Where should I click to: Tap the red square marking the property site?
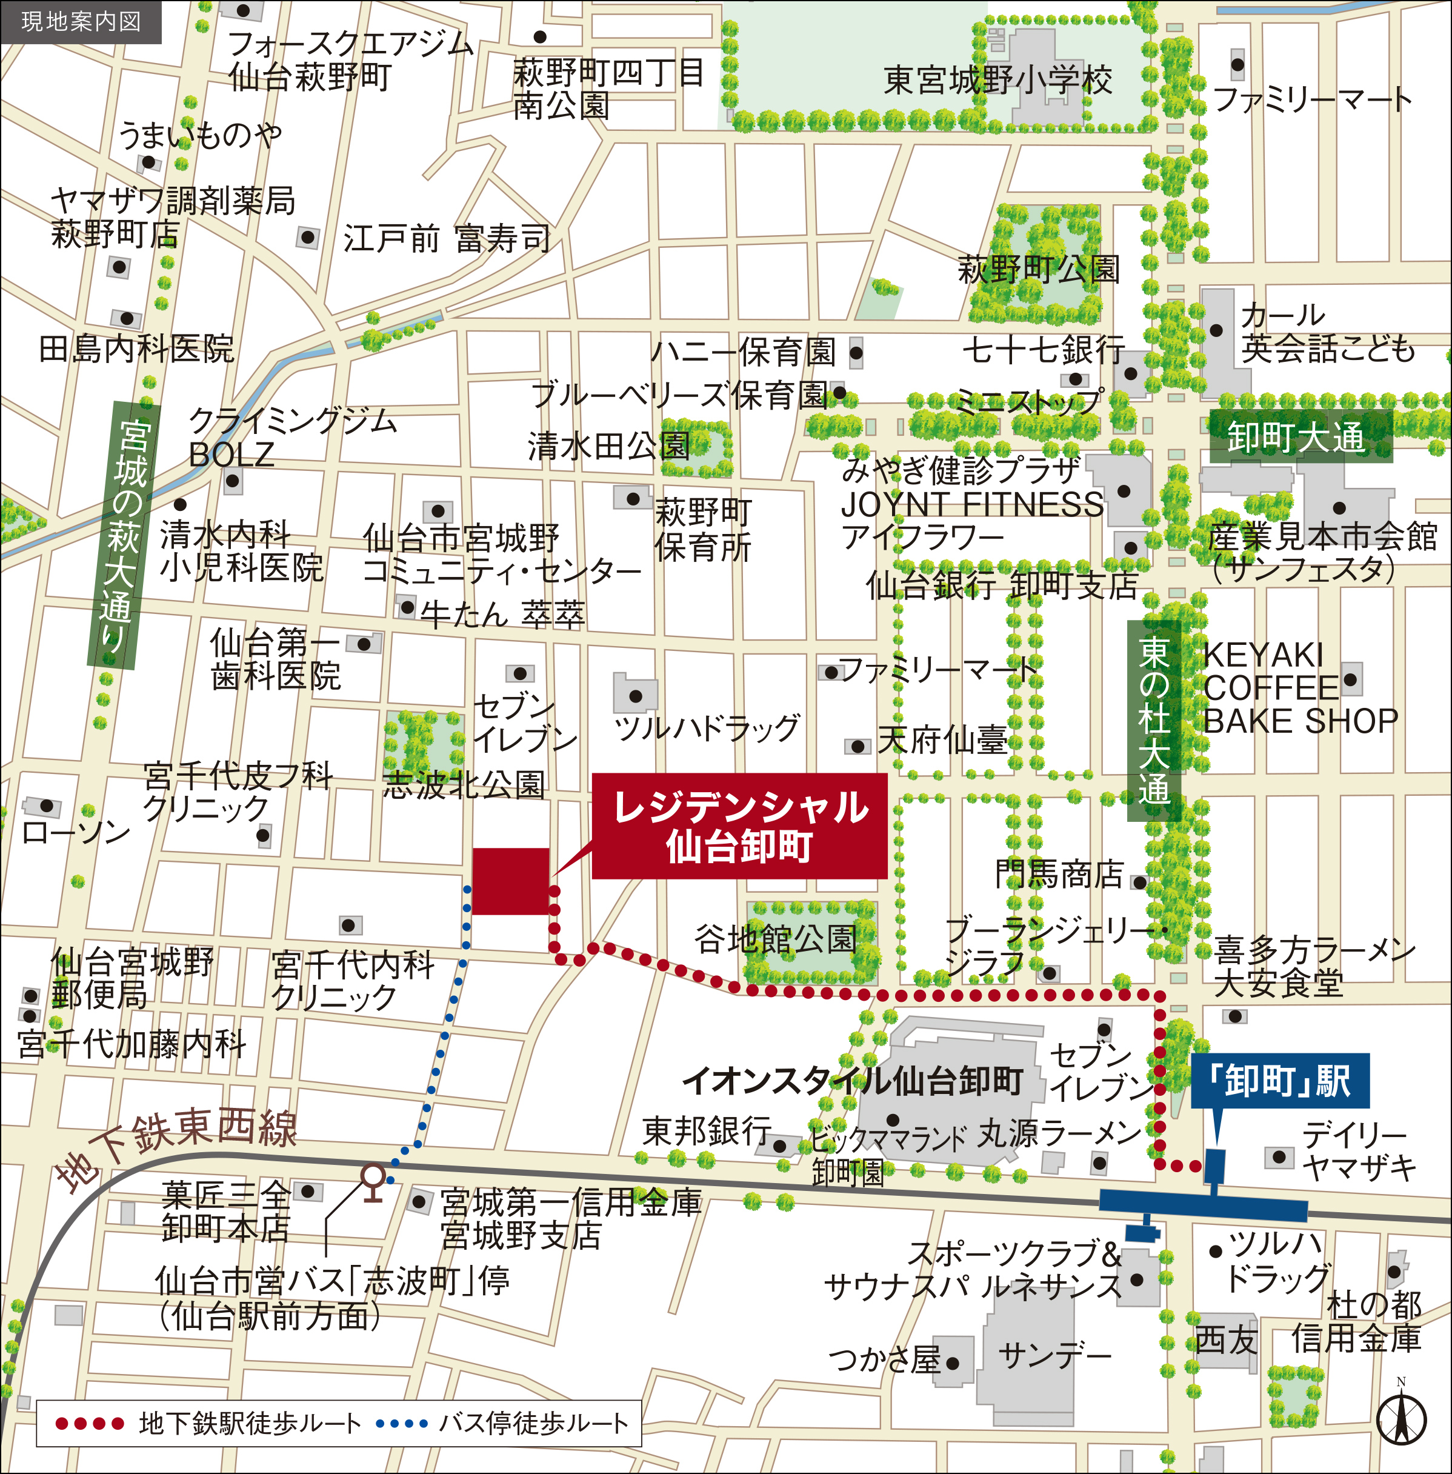click(510, 881)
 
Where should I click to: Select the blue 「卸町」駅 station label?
click(1280, 1081)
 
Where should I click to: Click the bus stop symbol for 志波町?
click(372, 1181)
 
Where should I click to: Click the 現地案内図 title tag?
click(80, 21)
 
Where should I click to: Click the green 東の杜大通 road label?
click(1153, 721)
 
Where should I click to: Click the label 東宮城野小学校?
click(997, 80)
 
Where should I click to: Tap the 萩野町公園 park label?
click(1038, 269)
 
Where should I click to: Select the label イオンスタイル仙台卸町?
click(852, 1081)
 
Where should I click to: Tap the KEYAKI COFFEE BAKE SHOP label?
click(1299, 688)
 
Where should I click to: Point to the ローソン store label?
click(76, 832)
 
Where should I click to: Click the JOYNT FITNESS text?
click(971, 505)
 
